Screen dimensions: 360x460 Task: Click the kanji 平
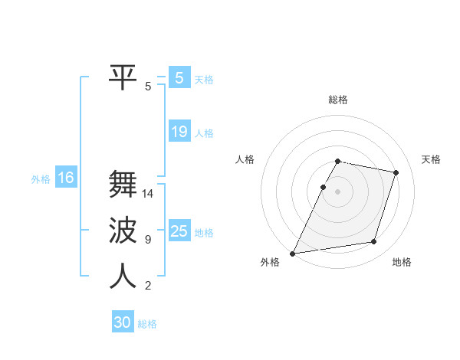(123, 77)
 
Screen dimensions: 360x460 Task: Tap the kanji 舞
(123, 185)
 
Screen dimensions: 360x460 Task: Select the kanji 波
(123, 231)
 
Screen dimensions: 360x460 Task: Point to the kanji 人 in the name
(123, 277)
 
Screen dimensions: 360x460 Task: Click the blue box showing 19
(179, 132)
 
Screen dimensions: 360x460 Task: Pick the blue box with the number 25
(179, 231)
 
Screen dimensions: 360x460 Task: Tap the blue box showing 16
(66, 178)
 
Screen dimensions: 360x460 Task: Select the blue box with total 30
(123, 322)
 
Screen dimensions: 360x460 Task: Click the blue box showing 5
(179, 78)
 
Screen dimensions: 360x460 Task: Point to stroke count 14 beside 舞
(149, 194)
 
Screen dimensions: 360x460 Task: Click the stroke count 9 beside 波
(148, 240)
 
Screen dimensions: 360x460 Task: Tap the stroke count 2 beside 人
(148, 286)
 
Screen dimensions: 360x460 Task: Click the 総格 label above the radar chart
(338, 100)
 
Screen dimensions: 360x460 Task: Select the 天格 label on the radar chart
(432, 159)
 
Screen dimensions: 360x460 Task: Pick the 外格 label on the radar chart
(270, 263)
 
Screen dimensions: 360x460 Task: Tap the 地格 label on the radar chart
(402, 263)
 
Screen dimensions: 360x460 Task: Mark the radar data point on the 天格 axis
(396, 172)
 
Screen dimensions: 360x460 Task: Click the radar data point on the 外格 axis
(293, 253)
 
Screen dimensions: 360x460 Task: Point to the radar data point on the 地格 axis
(374, 242)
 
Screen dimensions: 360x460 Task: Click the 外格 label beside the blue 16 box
(41, 179)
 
